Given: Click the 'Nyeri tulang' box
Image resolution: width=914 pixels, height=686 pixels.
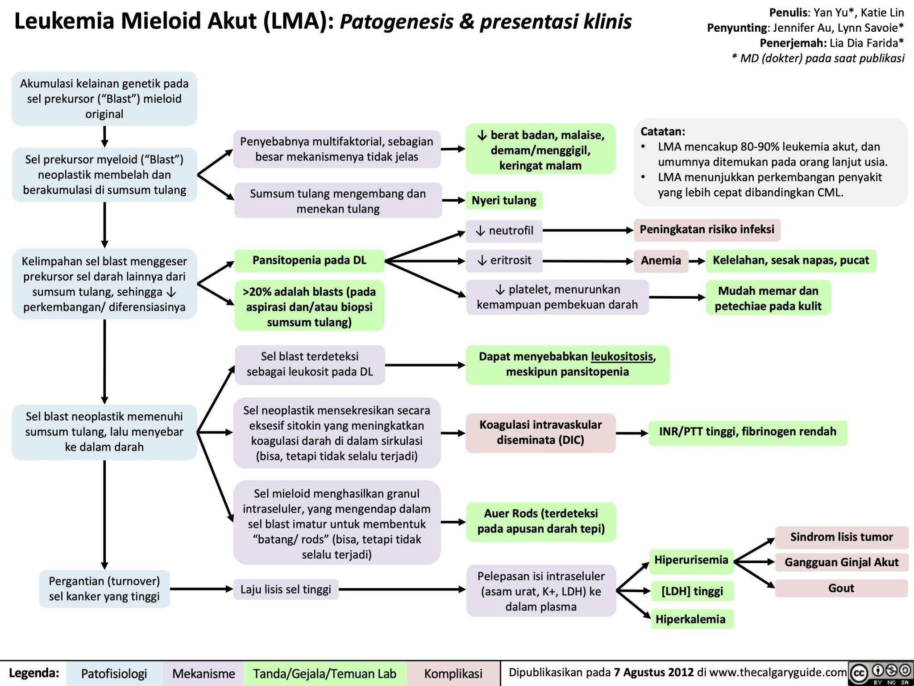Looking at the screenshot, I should pos(504,201).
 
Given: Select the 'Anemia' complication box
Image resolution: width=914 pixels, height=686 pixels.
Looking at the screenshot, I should pos(661,260).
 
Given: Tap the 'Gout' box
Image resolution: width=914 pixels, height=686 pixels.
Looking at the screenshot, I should pos(841,588).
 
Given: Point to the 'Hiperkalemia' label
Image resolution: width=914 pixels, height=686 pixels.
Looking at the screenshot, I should pos(690,619).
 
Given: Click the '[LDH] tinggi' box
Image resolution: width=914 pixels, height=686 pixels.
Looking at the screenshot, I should pos(692,591).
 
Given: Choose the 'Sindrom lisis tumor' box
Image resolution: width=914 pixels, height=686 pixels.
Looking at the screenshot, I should pos(841,537).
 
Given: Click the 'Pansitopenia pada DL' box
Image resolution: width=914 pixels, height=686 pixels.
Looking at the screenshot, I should pos(309,260).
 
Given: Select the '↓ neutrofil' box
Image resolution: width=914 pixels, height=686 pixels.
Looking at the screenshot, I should pos(504,230).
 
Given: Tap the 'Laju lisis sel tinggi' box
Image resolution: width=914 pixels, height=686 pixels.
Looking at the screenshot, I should pos(286,590).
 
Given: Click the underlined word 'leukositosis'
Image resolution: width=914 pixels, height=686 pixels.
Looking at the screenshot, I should pos(622,356).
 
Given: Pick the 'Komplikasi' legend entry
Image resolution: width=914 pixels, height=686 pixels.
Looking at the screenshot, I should pos(453,673).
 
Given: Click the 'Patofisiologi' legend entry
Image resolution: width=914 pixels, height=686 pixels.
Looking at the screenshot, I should pos(114,673).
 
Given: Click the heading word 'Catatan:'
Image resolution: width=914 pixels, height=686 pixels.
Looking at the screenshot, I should pos(663,131).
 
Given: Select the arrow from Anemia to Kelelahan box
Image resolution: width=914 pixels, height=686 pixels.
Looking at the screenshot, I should pos(697,261).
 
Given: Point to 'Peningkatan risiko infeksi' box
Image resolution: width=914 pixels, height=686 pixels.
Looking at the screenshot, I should pos(707,230).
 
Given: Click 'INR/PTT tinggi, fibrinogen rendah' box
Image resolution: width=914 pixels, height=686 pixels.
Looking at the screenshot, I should pos(748,432).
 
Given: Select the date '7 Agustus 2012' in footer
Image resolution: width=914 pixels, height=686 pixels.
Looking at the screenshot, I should pos(654,673).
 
